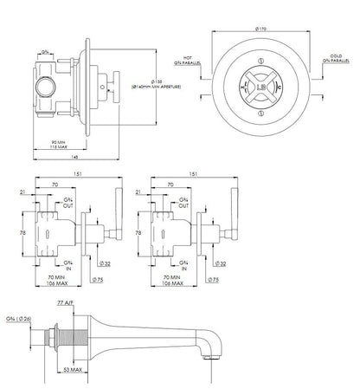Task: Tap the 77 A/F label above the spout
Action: (85, 304)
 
